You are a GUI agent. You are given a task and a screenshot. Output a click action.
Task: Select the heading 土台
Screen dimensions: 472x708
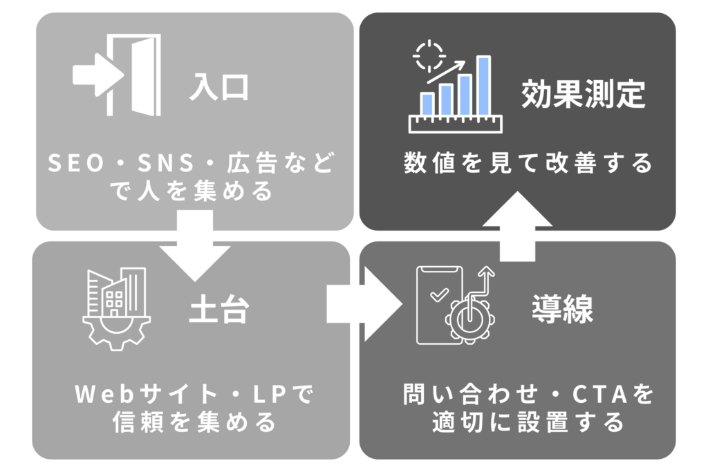pyautogui.click(x=218, y=311)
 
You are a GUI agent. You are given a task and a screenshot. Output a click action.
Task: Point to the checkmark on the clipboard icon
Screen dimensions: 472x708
pyautogui.click(x=438, y=296)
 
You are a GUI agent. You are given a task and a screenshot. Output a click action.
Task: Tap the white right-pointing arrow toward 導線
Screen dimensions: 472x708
pyautogui.click(x=362, y=305)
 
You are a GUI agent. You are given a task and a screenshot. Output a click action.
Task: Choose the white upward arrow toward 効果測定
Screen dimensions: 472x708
pyautogui.click(x=516, y=227)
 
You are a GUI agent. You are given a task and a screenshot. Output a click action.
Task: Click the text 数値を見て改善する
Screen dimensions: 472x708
pyautogui.click(x=528, y=164)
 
